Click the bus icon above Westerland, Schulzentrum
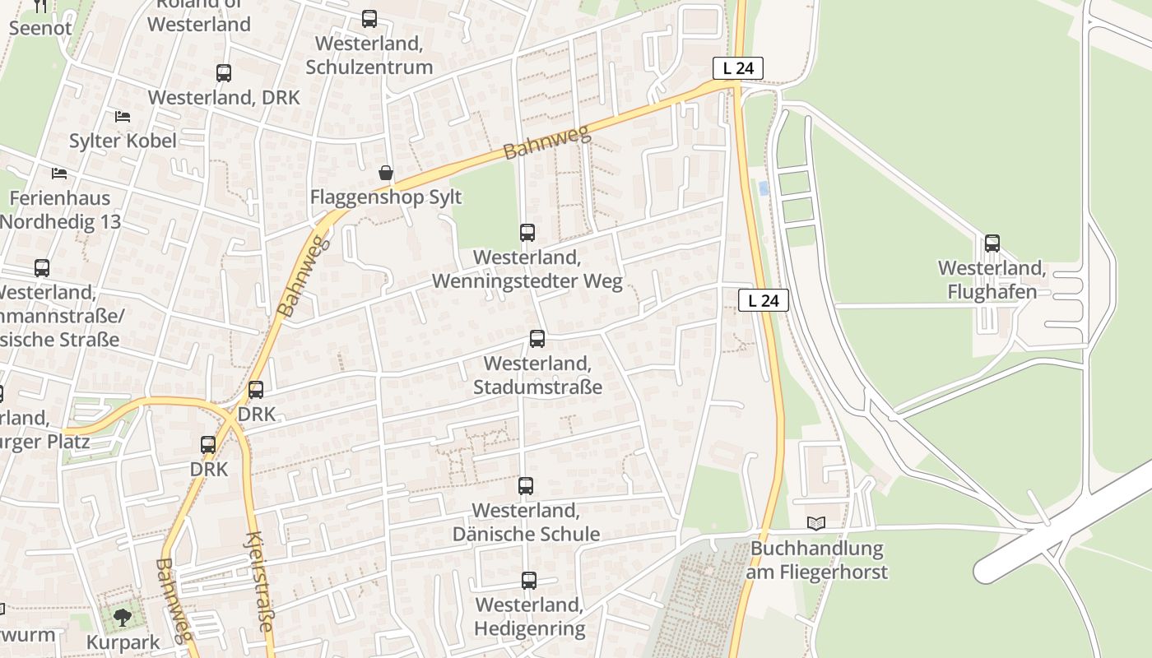coord(369,19)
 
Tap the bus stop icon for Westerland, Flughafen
coord(992,243)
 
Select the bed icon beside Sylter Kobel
coord(123,116)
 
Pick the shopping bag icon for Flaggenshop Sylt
coord(385,173)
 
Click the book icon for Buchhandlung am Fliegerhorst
coord(815,523)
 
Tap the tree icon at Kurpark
coord(123,616)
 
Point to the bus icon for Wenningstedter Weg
coord(527,233)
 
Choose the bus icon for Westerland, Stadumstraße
coord(537,339)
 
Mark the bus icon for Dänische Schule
coord(526,486)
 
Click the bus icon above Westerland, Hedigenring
coord(529,581)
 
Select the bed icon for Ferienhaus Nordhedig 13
coord(59,174)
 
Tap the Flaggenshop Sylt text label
coord(386,197)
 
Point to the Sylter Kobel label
coord(123,141)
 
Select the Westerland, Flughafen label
coord(992,280)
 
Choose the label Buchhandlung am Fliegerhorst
coord(817,560)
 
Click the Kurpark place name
coord(123,642)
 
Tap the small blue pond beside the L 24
coord(764,188)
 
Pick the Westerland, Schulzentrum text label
coord(369,55)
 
